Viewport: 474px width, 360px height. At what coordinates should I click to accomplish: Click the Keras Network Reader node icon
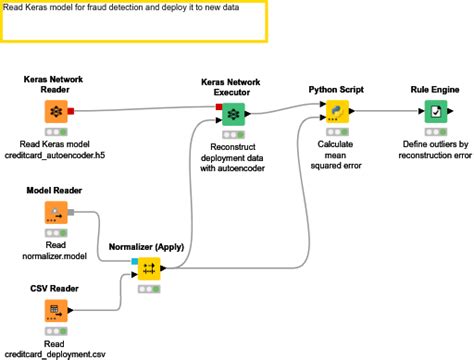pyautogui.click(x=56, y=112)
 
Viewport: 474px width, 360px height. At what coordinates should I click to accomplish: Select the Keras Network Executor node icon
pyautogui.click(x=233, y=112)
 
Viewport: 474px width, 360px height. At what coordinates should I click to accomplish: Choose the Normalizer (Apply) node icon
pyautogui.click(x=149, y=268)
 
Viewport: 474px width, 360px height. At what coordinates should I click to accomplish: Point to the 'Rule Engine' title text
pyautogui.click(x=435, y=89)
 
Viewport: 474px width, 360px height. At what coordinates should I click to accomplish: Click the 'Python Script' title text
pyautogui.click(x=338, y=89)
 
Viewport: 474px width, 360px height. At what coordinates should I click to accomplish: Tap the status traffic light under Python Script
pyautogui.click(x=338, y=132)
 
